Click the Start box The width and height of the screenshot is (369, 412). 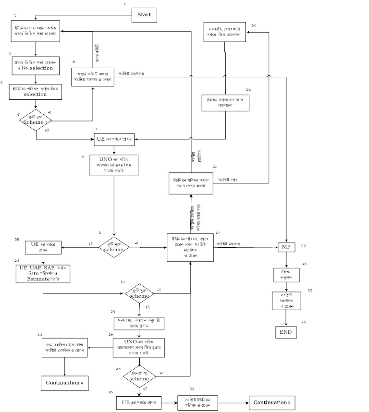point(144,15)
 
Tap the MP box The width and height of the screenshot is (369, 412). point(286,247)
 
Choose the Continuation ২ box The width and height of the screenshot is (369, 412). point(64,383)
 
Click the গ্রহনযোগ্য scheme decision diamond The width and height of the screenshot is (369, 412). point(139,376)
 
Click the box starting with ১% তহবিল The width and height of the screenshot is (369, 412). point(64,348)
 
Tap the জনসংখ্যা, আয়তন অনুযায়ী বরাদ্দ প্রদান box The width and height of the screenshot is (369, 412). point(139,322)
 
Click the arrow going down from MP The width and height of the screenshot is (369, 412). point(286,259)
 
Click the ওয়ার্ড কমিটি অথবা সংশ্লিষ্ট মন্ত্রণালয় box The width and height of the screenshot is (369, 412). point(93,77)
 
